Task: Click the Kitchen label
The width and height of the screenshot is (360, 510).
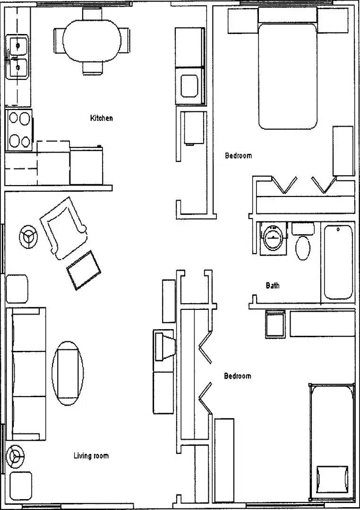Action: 102,118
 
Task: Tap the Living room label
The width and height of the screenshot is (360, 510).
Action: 91,456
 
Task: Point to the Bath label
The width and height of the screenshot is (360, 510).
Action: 273,285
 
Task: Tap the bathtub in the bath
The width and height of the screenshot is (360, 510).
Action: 338,262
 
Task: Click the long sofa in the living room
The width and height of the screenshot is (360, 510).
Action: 27,374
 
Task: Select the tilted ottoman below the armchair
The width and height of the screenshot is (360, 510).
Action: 84,271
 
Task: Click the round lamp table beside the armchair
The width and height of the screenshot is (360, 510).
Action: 28,236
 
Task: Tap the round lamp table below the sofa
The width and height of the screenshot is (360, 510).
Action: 15,456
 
